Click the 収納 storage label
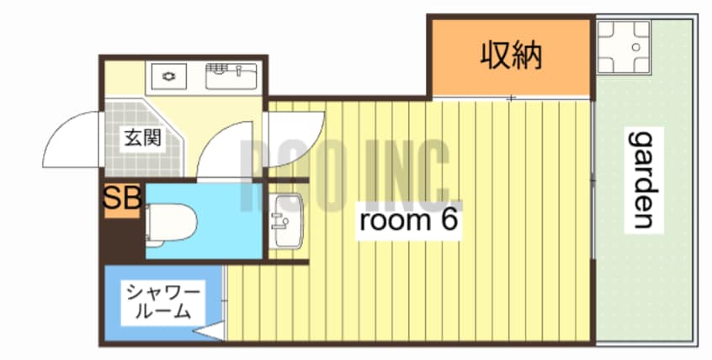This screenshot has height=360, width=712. pos(510,56)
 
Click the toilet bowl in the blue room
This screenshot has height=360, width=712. pos(173,221)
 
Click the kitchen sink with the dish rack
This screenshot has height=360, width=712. pos(230,77)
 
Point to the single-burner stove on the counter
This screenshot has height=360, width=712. pos(170,77)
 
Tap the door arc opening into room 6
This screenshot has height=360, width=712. pos(295,135)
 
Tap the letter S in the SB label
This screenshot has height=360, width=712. pos(113,199)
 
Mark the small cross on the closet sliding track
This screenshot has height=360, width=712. pos(510,99)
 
